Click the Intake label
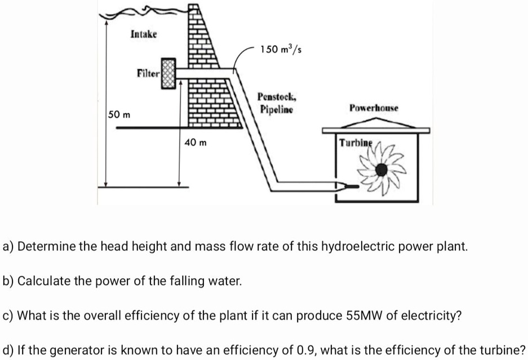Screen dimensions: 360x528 click(144, 34)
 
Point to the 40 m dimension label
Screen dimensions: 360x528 click(196, 143)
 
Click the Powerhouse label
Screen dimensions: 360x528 click(374, 107)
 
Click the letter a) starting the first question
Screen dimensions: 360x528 click(8, 246)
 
